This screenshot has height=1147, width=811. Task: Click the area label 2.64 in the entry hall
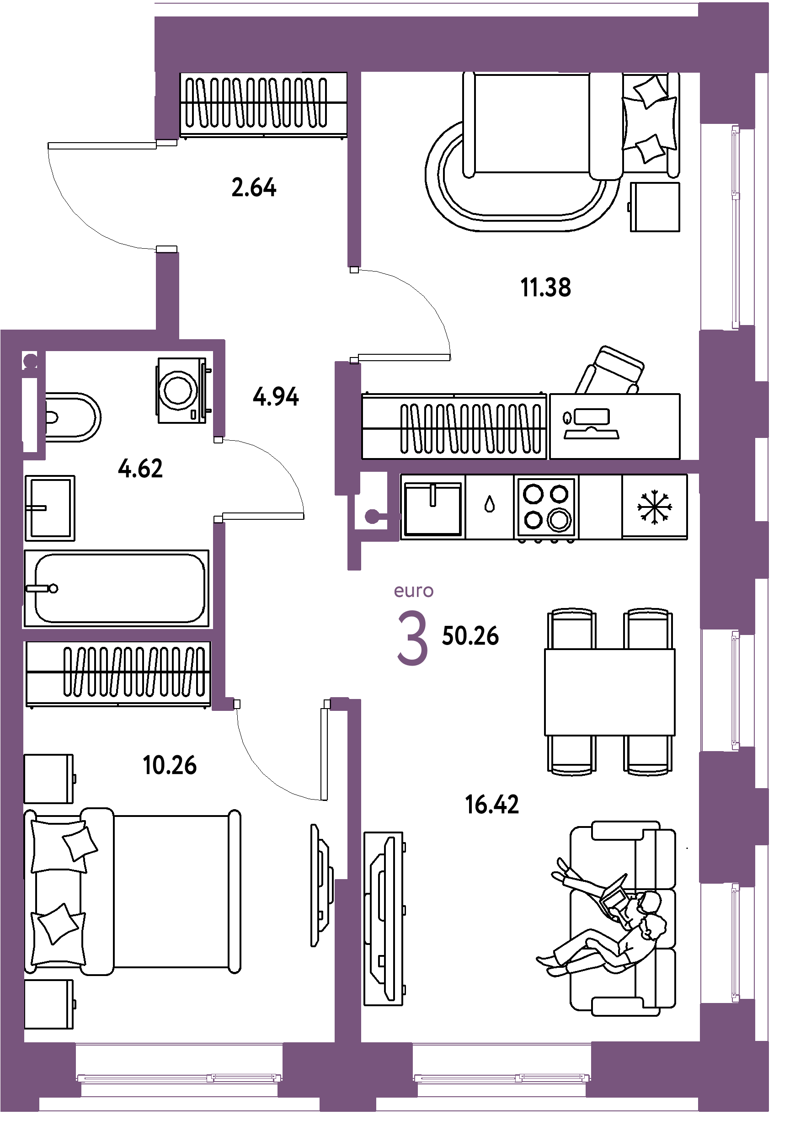(254, 188)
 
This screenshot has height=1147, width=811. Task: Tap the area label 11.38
(546, 288)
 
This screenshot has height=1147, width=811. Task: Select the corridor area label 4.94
(276, 397)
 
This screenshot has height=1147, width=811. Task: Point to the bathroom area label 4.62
(140, 469)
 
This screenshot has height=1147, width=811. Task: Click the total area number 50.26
(470, 636)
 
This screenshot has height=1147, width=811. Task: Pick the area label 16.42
(492, 805)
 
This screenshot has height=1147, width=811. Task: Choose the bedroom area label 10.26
(170, 765)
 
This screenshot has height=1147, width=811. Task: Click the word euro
(414, 591)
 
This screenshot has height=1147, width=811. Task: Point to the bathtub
(117, 588)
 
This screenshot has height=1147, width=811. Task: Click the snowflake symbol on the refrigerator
(655, 507)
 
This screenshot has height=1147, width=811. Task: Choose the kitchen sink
(433, 507)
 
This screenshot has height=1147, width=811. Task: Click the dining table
(610, 692)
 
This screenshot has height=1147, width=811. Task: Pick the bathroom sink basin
(50, 508)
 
